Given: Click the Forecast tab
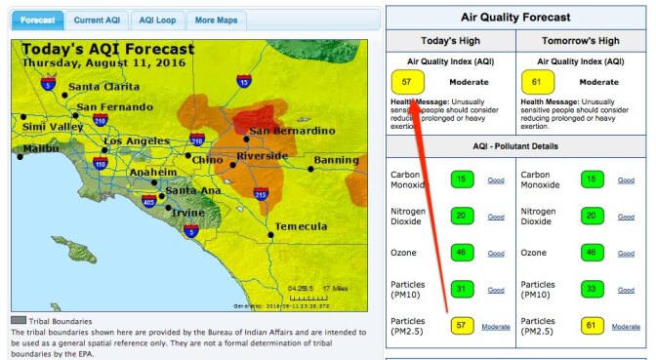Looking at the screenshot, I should (x=36, y=20).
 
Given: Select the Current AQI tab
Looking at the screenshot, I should (x=96, y=20).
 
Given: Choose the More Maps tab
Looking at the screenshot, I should (x=217, y=20).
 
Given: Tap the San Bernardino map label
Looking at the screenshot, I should (x=291, y=131).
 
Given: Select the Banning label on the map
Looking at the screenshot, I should (x=336, y=160).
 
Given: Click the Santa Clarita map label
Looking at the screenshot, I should (x=102, y=87).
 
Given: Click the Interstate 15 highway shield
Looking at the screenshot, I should (x=242, y=82).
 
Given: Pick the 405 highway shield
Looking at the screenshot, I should (x=147, y=202).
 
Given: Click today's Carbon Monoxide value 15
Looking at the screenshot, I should (x=463, y=180).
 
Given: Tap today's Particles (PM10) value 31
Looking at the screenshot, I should (x=463, y=289).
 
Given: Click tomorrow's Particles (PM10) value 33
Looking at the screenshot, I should (x=592, y=289).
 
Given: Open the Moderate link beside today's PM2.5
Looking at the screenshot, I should (x=496, y=327).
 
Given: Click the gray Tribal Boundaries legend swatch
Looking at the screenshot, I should (x=18, y=320).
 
